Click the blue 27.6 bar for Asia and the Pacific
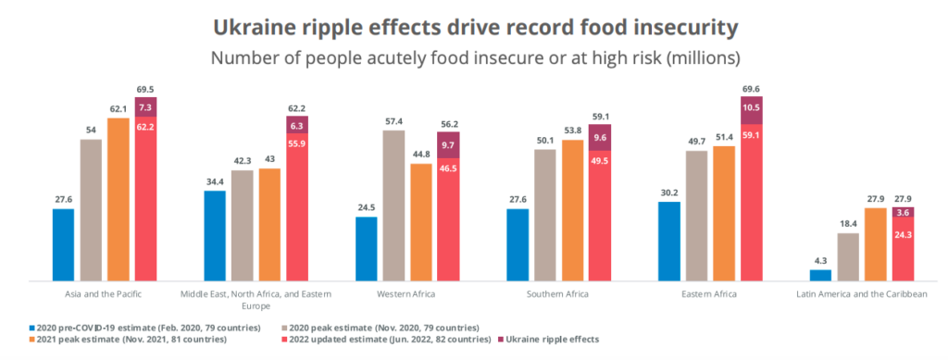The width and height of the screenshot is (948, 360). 63,244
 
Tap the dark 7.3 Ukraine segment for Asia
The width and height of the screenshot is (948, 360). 145,108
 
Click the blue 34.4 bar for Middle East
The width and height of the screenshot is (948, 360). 215,235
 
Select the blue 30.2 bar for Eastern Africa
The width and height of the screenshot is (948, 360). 669,241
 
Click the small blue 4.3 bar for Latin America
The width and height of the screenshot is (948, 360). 821,275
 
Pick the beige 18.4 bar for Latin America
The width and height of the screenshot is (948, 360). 848,256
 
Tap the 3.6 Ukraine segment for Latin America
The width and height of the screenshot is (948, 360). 903,212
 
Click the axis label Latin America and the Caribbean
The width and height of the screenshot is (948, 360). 862,293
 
